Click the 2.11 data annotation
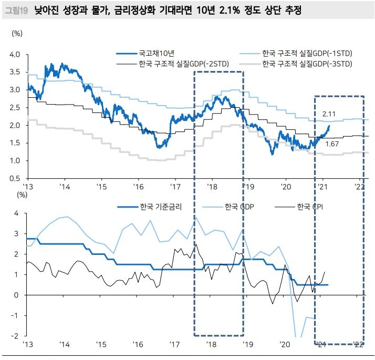329,114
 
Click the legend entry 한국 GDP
239,206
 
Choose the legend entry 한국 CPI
310,206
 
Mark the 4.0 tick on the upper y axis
15,54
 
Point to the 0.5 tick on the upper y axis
15,179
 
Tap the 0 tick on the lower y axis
17,295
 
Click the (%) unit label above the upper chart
17,33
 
